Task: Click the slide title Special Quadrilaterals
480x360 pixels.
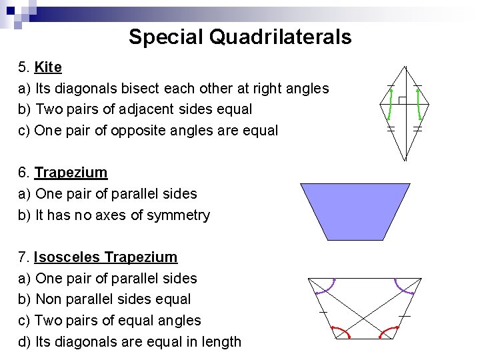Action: pos(240,37)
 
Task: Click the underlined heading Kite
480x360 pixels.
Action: pos(48,67)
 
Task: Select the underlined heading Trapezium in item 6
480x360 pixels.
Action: pos(71,173)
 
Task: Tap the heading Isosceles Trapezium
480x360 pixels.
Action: pos(105,257)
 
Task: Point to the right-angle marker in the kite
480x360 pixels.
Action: pos(401,100)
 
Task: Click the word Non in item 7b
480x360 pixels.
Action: pos(47,299)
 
